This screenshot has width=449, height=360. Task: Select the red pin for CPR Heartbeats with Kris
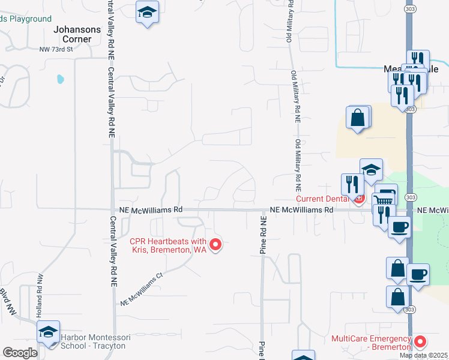pyautogui.click(x=215, y=244)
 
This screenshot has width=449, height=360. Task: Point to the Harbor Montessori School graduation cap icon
pyautogui.click(x=48, y=331)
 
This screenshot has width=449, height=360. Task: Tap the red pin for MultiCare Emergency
pyautogui.click(x=420, y=342)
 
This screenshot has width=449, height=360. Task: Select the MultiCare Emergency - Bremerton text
pyautogui.click(x=371, y=343)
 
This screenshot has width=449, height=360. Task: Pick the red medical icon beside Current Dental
pyautogui.click(x=359, y=199)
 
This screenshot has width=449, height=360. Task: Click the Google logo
pyautogui.click(x=20, y=352)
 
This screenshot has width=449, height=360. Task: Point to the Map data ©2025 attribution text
pyautogui.click(x=424, y=355)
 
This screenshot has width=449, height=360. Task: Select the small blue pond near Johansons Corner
pyautogui.click(x=60, y=79)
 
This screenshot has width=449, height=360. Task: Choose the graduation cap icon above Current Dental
pyautogui.click(x=371, y=169)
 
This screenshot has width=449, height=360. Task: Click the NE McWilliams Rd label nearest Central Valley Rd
pyautogui.click(x=150, y=210)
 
